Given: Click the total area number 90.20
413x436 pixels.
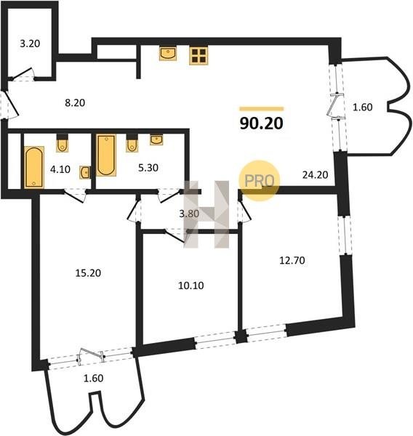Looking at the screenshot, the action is (261, 124).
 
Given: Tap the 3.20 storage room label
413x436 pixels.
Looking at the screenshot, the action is (30, 44).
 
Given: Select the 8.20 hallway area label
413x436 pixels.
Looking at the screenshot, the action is (75, 103).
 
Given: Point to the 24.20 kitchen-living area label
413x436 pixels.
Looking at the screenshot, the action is (315, 175).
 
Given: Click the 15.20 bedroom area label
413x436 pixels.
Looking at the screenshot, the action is (88, 273).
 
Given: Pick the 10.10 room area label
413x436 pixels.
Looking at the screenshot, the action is (191, 286).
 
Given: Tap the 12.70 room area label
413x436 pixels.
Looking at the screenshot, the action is (292, 261).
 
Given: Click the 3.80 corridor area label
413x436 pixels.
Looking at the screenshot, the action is (189, 214).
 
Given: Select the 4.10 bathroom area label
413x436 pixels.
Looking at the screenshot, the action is (60, 169).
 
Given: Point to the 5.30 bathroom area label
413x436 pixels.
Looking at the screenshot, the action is (148, 168).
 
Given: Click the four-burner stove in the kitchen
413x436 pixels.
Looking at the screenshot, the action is (199, 56).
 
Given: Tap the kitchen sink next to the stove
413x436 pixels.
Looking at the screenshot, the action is (168, 54).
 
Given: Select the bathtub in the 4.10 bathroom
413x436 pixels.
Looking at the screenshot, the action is (34, 167).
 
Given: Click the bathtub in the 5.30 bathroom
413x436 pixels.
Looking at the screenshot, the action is (106, 156).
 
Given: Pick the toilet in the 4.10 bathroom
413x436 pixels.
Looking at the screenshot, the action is (62, 143).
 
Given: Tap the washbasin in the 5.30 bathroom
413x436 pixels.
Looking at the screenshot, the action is (156, 140).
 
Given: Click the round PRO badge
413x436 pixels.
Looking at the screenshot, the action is (259, 181).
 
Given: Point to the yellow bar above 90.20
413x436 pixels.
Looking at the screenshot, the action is (262, 109).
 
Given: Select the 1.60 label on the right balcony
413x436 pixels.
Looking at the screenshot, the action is (363, 108).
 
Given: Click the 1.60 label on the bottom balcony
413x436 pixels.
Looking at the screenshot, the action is (94, 379).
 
